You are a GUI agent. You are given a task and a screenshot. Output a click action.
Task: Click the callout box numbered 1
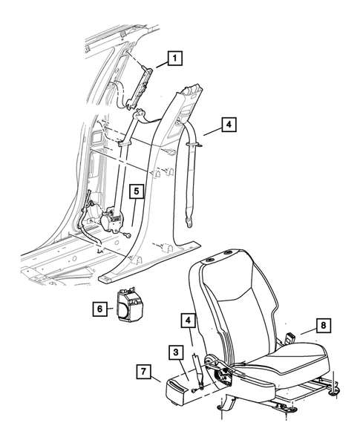174,56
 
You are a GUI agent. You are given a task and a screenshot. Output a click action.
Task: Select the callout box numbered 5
137,191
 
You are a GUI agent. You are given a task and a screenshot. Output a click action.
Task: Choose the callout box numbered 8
324,323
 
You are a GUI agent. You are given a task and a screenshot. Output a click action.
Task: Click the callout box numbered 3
176,352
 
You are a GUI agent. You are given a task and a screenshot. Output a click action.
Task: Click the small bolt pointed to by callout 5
128,235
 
